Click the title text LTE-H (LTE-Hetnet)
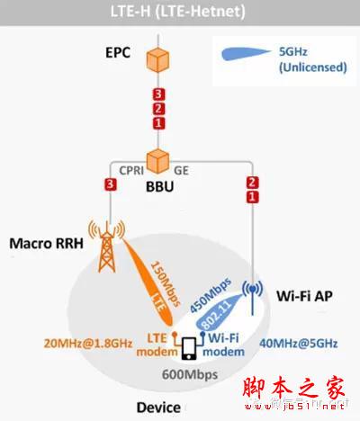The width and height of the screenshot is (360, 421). [179, 13]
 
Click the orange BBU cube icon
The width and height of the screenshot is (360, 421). [158, 163]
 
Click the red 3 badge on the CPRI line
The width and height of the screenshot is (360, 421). [111, 185]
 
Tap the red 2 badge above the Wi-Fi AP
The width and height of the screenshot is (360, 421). [253, 183]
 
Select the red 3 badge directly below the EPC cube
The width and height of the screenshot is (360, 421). [158, 94]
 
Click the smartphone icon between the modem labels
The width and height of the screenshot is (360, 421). [191, 346]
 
